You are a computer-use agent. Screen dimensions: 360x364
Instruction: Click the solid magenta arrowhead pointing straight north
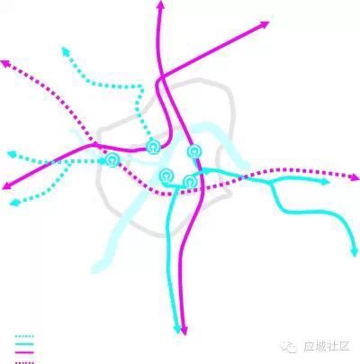[x=161, y=5]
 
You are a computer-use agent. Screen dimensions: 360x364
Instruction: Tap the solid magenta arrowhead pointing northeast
[x=264, y=24]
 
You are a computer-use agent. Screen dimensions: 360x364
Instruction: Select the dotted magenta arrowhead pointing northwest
[x=6, y=63]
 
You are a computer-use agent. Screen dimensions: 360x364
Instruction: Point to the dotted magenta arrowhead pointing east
[x=355, y=177]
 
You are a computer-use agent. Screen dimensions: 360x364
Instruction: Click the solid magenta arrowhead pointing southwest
[x=7, y=186]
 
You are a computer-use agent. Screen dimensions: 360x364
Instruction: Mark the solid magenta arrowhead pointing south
[x=184, y=331]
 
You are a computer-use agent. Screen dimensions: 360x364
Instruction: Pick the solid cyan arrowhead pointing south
[x=177, y=329]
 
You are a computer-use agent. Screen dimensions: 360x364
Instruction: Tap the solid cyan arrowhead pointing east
[x=325, y=181]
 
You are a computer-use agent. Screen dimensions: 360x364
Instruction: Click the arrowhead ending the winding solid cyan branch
[x=355, y=252]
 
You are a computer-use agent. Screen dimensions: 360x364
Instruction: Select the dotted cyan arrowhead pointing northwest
[x=66, y=51]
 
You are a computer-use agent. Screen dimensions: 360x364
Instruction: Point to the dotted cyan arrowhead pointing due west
[x=12, y=154]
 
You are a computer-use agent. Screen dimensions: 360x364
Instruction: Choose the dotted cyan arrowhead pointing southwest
[x=14, y=203]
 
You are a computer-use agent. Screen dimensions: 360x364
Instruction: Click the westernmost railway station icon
[x=112, y=160]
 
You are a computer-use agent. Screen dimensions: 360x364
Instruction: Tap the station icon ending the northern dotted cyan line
[x=153, y=147]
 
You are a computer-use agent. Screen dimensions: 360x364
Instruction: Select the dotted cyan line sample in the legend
[x=24, y=336]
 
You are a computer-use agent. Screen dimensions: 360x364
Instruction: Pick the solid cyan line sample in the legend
[x=24, y=344]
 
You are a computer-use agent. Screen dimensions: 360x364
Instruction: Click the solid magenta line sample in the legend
[x=24, y=352]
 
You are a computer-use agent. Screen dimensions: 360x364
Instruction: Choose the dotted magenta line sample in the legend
[x=24, y=362]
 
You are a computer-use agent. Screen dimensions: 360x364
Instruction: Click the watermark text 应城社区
[x=327, y=346]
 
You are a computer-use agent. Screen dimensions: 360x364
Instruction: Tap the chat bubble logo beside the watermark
[x=289, y=347]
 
